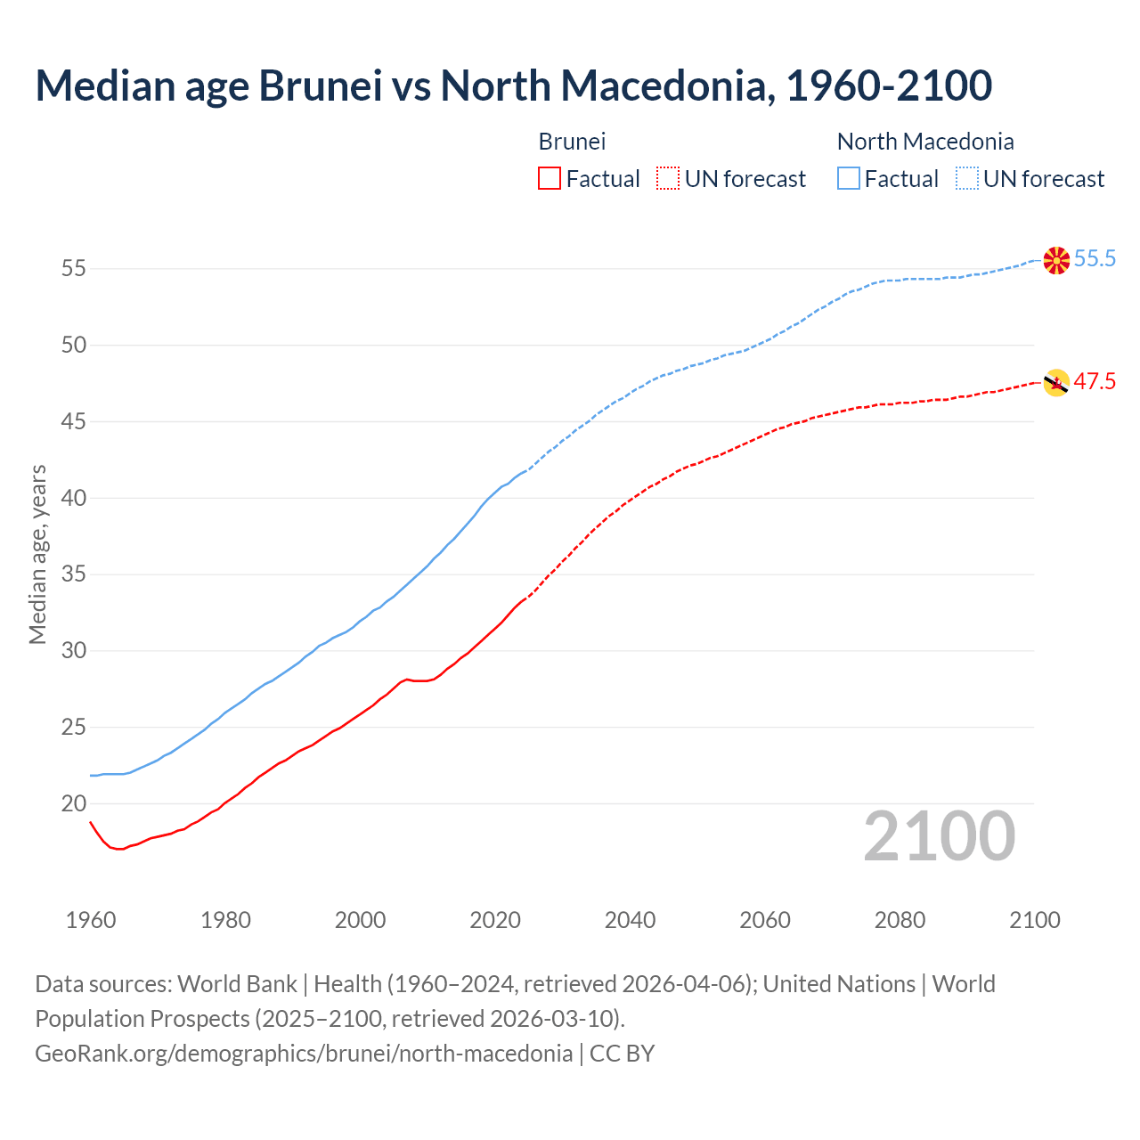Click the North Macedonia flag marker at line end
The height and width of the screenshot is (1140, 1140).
click(1056, 260)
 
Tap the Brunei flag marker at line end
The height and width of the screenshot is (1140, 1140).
click(1056, 383)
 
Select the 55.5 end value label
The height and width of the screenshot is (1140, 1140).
click(1095, 259)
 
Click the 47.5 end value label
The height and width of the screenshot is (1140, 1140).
click(1095, 382)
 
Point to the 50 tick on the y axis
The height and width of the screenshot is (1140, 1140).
click(74, 345)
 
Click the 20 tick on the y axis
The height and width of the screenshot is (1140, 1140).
click(74, 803)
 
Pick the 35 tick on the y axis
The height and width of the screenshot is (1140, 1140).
click(74, 574)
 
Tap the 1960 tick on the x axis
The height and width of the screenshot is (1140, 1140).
click(91, 920)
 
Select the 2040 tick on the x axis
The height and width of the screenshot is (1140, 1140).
click(630, 920)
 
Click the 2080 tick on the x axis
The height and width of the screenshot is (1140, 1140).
click(900, 920)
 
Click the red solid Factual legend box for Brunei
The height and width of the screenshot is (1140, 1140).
click(550, 179)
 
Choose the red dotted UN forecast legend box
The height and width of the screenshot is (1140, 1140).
click(668, 179)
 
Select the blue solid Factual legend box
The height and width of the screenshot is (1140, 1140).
click(849, 179)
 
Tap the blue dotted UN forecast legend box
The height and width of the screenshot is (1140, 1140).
click(967, 179)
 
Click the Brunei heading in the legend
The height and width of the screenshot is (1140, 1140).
click(572, 142)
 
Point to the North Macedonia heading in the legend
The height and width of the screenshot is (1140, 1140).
click(925, 142)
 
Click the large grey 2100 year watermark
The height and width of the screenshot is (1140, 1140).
click(939, 836)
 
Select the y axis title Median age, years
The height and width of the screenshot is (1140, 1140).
click(37, 554)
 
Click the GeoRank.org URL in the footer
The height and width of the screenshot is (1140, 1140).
click(304, 1053)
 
